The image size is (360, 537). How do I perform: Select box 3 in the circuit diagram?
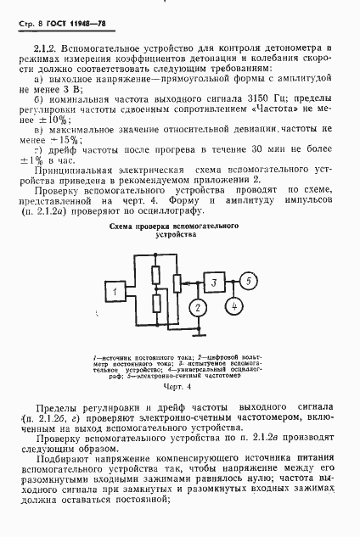click(x=217, y=282)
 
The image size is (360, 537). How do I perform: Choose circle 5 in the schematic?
click(x=247, y=281)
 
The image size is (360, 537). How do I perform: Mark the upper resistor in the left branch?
click(x=155, y=274)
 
